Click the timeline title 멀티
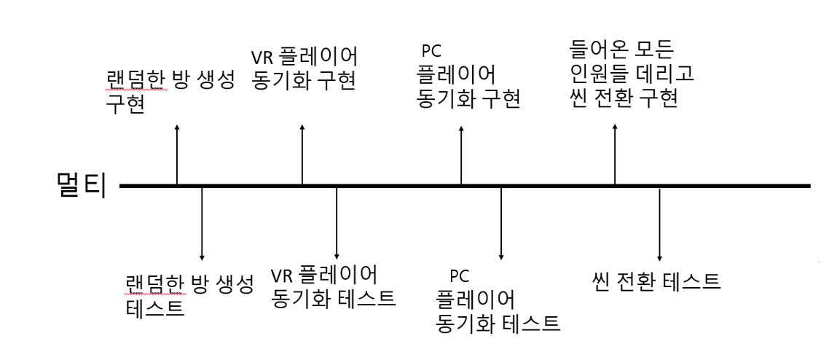(x=80, y=186)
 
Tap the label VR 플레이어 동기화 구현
(x=304, y=68)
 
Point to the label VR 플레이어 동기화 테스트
(x=333, y=286)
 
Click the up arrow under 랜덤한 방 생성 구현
(x=177, y=154)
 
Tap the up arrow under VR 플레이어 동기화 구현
(x=302, y=154)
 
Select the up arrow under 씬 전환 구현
(x=616, y=153)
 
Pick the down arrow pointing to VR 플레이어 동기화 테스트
(x=337, y=223)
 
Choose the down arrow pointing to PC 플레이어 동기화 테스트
(x=501, y=223)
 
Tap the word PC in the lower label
(x=458, y=276)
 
